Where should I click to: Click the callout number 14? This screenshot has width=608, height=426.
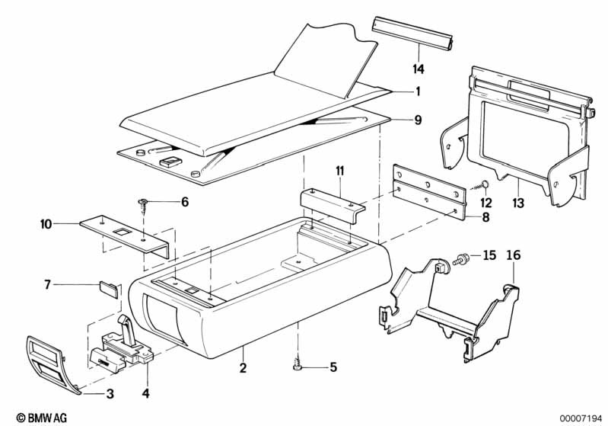click(x=419, y=69)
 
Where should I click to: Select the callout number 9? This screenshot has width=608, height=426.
click(x=418, y=120)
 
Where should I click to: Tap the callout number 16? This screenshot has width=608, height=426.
click(x=514, y=255)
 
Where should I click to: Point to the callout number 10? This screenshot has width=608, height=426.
click(x=46, y=224)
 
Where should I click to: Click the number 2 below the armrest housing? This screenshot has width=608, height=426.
click(x=243, y=368)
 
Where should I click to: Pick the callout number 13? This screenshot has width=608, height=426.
click(x=518, y=203)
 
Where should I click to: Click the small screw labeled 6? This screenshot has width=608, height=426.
click(x=144, y=206)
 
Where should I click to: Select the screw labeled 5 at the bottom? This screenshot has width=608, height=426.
click(x=298, y=366)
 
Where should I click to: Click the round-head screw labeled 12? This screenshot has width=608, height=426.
click(x=482, y=185)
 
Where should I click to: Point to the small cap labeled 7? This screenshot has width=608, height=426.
click(x=109, y=289)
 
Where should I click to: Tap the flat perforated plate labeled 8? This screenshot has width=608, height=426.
click(x=429, y=192)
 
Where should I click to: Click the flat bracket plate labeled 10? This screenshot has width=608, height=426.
click(x=126, y=235)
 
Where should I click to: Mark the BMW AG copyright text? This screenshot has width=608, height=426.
click(x=42, y=418)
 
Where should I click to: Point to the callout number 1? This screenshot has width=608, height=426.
click(x=418, y=91)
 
